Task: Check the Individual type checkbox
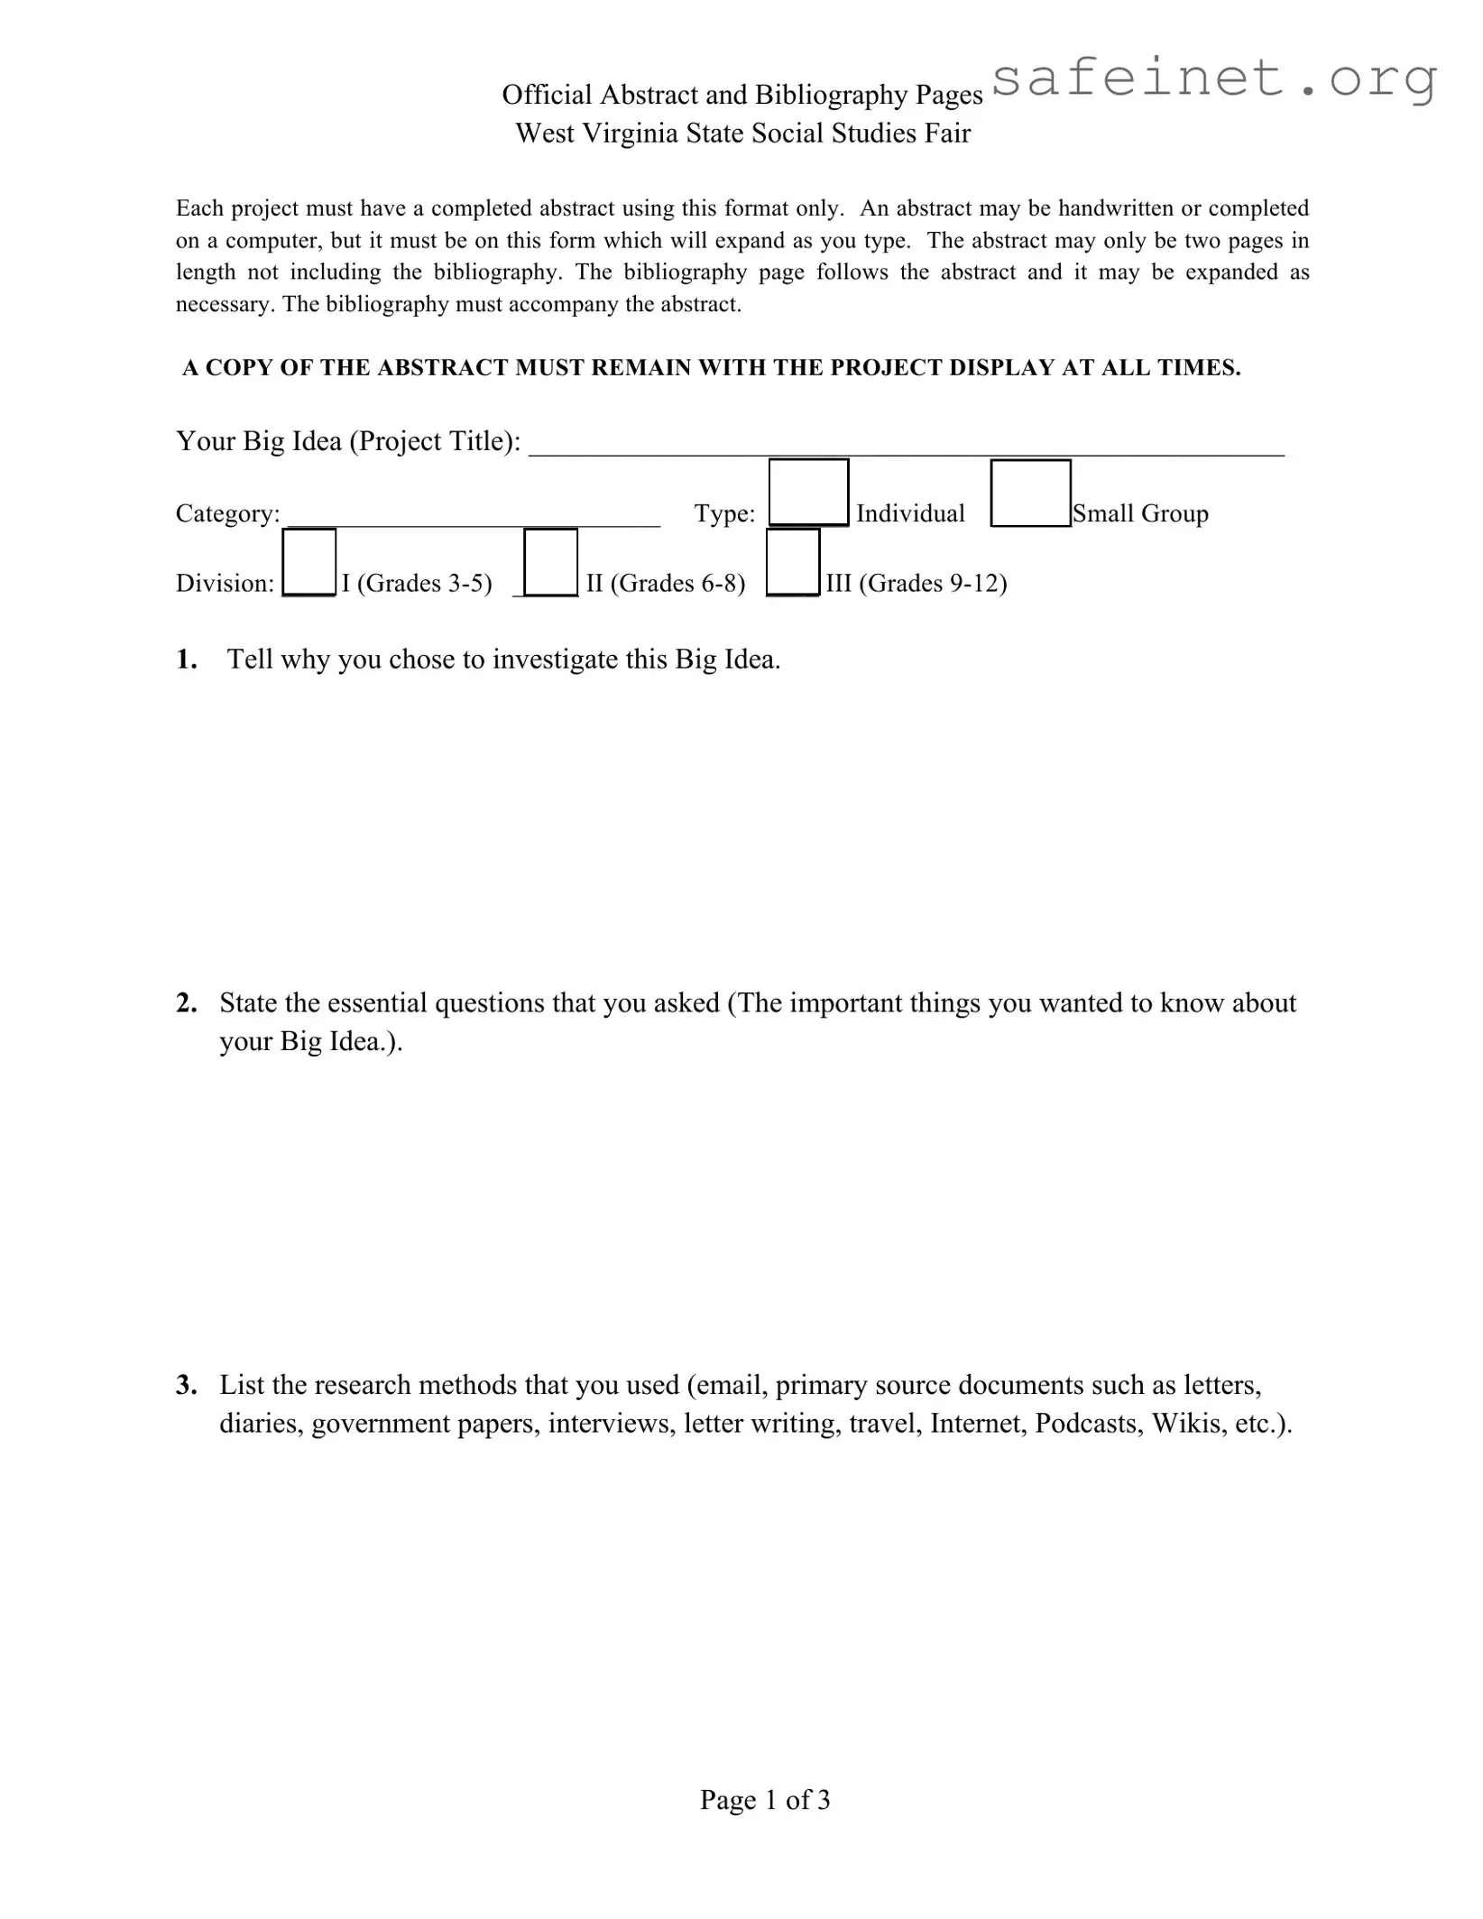pos(808,493)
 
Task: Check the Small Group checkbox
pos(1030,493)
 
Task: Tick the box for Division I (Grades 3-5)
pos(309,562)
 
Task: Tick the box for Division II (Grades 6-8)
pos(550,562)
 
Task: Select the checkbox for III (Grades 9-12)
pos(793,562)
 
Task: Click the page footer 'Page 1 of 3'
pos(765,1799)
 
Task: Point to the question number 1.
pos(186,660)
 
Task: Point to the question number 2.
pos(186,1003)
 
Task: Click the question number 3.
pos(186,1385)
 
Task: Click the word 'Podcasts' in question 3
pos(1089,1423)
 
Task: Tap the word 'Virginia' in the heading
pos(631,134)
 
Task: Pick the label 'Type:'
pos(724,513)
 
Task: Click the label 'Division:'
pos(225,584)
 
